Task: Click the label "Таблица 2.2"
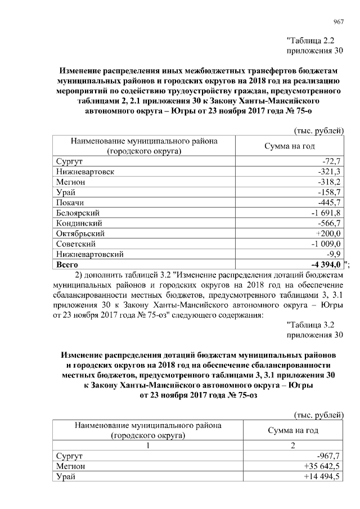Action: click(314, 40)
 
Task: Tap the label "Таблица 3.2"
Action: click(314, 325)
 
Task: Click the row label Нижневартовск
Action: click(85, 172)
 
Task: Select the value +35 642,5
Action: click(322, 466)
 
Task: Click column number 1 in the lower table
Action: click(148, 445)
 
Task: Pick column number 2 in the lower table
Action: click(291, 445)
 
